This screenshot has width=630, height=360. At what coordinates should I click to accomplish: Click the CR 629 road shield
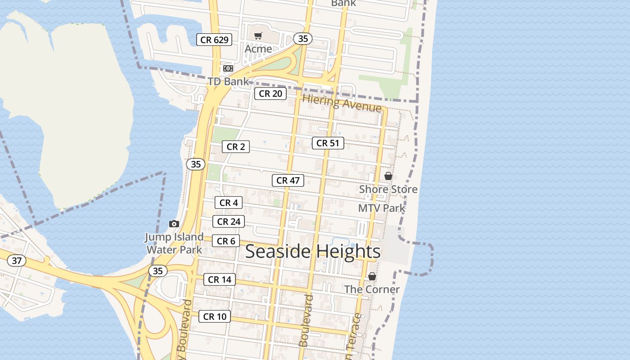click(x=214, y=40)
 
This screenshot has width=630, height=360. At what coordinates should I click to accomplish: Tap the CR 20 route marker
click(x=270, y=94)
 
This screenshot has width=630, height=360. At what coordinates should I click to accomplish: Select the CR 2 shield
click(x=235, y=147)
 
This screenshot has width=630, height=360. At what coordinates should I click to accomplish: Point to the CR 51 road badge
click(x=328, y=143)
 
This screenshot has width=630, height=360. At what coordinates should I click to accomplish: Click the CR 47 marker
click(x=288, y=180)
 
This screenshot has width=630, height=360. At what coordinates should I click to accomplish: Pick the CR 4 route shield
click(x=229, y=203)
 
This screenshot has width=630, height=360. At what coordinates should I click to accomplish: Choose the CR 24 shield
click(x=229, y=221)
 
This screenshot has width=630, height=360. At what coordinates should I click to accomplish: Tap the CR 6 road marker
click(x=226, y=241)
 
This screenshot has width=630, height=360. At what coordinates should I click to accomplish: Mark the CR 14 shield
click(x=220, y=279)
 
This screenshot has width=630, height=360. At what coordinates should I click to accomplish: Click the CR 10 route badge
click(x=215, y=316)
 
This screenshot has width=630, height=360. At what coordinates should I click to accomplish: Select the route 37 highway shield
click(x=17, y=261)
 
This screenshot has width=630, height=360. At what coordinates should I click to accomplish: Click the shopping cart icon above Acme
click(x=258, y=36)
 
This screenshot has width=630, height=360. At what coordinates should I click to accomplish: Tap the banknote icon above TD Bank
click(x=228, y=68)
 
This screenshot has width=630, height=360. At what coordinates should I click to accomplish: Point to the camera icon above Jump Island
click(x=174, y=224)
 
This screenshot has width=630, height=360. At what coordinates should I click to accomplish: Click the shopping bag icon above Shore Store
click(x=388, y=176)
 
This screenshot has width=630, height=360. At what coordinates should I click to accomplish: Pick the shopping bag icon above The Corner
click(x=372, y=276)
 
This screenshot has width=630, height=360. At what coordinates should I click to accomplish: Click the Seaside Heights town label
click(x=313, y=252)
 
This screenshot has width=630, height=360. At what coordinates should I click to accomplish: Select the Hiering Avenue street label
click(x=342, y=103)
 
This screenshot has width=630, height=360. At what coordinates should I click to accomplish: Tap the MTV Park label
click(x=382, y=208)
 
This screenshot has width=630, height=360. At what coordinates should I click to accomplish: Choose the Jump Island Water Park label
click(x=174, y=243)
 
